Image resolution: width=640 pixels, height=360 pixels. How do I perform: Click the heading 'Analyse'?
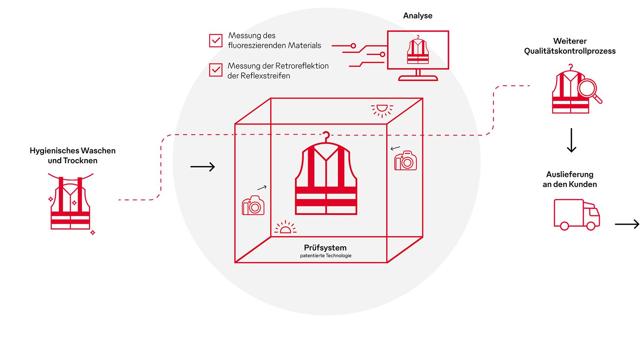[417, 16]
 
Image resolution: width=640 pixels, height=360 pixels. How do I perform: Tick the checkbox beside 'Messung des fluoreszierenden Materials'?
[216, 41]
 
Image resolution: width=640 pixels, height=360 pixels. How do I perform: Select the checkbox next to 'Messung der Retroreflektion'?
[216, 70]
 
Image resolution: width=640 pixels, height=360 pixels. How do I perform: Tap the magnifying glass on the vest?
[588, 90]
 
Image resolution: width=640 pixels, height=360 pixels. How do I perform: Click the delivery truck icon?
[576, 215]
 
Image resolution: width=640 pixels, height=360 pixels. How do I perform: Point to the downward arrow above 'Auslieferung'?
[572, 140]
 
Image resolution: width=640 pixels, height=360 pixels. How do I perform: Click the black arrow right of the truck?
[627, 224]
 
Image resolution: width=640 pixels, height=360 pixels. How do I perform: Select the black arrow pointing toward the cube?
[203, 167]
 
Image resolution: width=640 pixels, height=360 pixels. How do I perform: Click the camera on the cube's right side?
[406, 161]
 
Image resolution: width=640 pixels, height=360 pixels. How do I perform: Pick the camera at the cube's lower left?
[253, 205]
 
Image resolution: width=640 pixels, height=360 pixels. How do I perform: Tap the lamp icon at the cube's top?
[382, 109]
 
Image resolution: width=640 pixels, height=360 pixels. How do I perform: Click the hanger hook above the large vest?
[326, 136]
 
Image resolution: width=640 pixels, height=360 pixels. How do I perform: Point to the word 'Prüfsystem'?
[325, 248]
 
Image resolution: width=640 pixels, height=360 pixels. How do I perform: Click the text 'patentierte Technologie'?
[326, 256]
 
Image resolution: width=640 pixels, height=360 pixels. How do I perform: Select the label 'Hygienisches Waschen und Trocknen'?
[73, 155]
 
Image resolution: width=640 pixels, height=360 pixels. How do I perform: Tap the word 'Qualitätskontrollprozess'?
[570, 51]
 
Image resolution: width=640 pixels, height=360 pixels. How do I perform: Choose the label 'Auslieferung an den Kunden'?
[570, 179]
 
